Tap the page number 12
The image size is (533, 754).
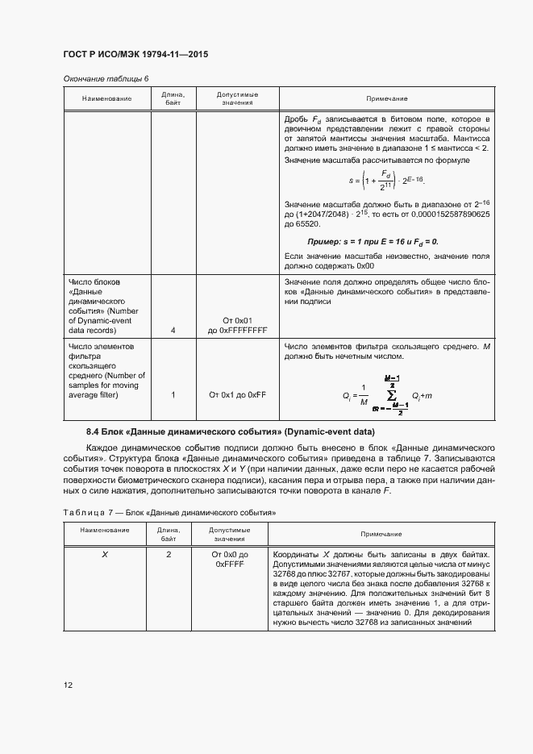click(69, 685)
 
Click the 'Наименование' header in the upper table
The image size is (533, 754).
click(106, 98)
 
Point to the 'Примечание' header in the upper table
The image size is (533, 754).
click(386, 98)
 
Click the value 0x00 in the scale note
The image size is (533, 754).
click(364, 265)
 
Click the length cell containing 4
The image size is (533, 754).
click(173, 330)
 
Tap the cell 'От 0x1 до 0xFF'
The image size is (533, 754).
click(237, 394)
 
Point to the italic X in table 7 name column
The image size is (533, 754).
click(105, 555)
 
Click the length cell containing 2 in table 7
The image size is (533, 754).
click(169, 555)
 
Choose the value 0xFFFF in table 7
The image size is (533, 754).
click(229, 566)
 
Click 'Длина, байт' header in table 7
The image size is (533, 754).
click(169, 533)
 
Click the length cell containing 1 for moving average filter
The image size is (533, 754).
click(173, 394)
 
